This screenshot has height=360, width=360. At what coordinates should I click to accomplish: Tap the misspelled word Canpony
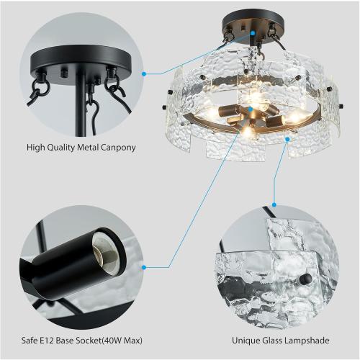[x=116, y=148]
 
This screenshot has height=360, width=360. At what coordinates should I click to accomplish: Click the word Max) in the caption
[x=143, y=340]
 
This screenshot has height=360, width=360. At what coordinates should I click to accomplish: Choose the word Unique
[x=246, y=340]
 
